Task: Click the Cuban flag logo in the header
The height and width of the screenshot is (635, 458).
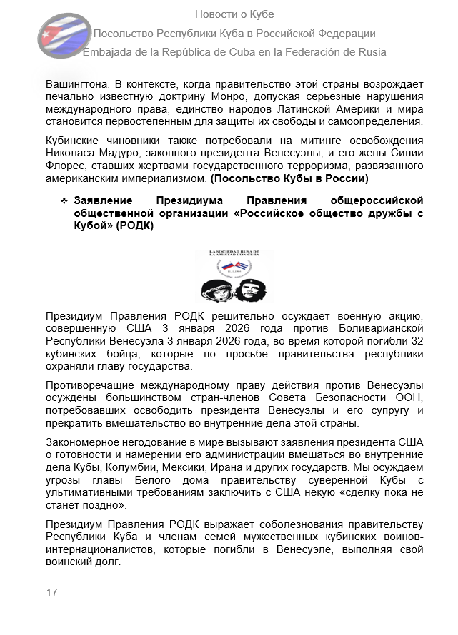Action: (x=64, y=32)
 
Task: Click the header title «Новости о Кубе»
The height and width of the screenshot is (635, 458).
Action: (x=234, y=14)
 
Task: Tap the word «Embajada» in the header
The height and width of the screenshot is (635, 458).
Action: (x=108, y=51)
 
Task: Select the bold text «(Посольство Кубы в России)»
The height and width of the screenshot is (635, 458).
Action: (x=289, y=176)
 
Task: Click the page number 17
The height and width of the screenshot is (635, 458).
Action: (x=51, y=593)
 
